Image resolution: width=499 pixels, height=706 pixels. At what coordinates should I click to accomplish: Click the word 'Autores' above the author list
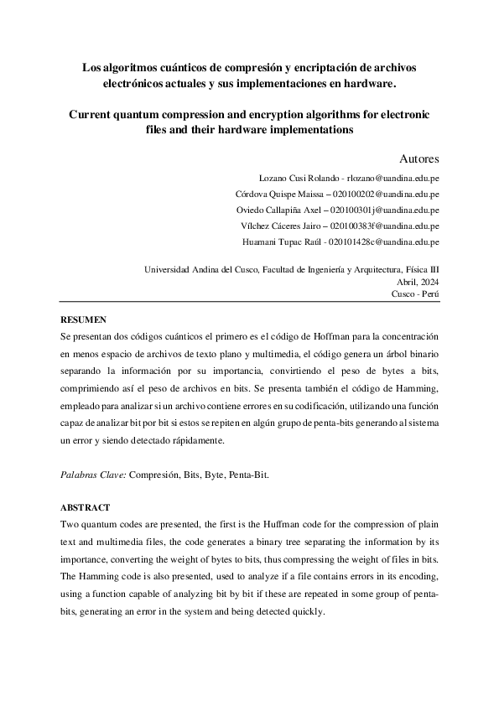pos(418,158)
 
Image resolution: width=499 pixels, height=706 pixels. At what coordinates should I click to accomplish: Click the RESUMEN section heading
pos(84,319)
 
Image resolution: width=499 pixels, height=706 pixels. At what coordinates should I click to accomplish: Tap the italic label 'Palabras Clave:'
pos(93,475)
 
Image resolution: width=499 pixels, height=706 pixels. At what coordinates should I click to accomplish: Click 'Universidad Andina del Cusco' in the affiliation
pos(200,270)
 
